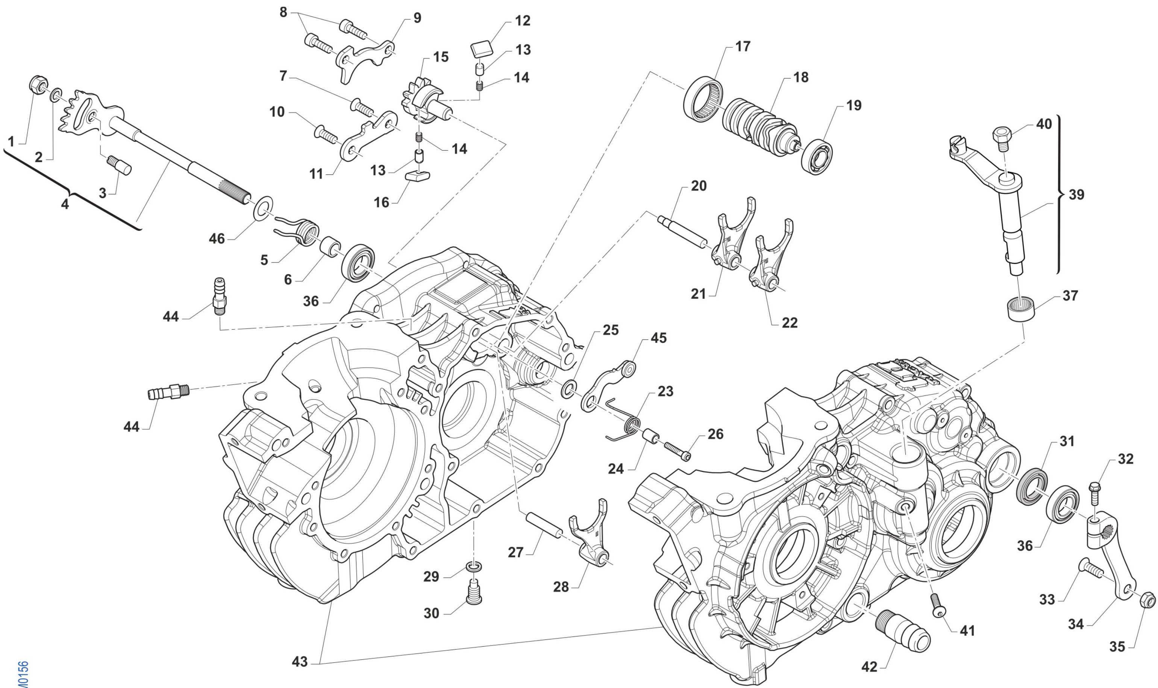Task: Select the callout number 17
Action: click(742, 47)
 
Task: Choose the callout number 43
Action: click(300, 662)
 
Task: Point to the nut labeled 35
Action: click(1147, 601)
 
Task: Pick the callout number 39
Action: click(1076, 195)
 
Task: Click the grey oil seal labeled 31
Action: click(1031, 488)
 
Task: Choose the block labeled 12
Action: click(482, 47)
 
